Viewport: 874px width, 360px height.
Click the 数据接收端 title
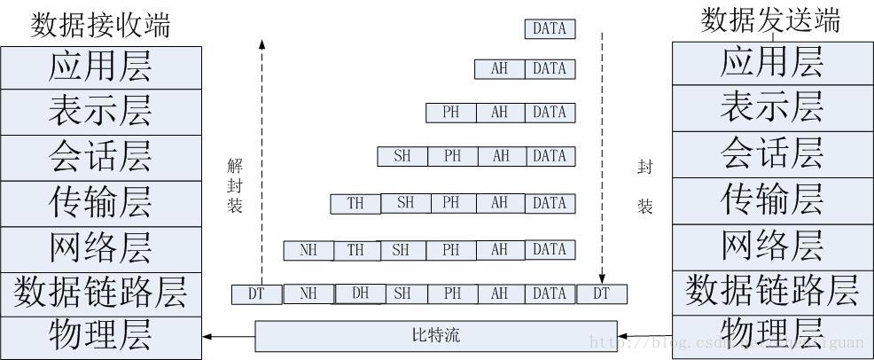pyautogui.click(x=100, y=24)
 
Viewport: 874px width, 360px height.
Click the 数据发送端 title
pyautogui.click(x=770, y=20)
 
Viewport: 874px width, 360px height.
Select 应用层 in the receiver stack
pyautogui.click(x=100, y=67)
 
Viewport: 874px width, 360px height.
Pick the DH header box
pyautogui.click(x=360, y=293)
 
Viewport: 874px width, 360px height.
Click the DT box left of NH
pyautogui.click(x=256, y=293)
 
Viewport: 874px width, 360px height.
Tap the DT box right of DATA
pyautogui.click(x=602, y=293)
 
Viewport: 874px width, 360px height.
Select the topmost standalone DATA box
pyautogui.click(x=550, y=29)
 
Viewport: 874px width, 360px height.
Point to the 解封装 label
pyautogui.click(x=234, y=184)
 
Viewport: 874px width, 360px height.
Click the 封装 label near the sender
pyautogui.click(x=644, y=186)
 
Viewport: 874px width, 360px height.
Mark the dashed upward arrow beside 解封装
pyautogui.click(x=261, y=160)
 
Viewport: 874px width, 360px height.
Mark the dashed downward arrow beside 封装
pyautogui.click(x=603, y=160)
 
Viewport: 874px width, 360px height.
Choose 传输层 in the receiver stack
pyautogui.click(x=100, y=203)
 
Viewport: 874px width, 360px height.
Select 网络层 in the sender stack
pyautogui.click(x=771, y=244)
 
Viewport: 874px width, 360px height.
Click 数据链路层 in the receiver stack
pyautogui.click(x=100, y=293)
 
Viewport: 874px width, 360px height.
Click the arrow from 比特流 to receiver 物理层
pyautogui.click(x=229, y=337)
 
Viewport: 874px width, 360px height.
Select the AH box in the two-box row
pyautogui.click(x=500, y=69)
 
